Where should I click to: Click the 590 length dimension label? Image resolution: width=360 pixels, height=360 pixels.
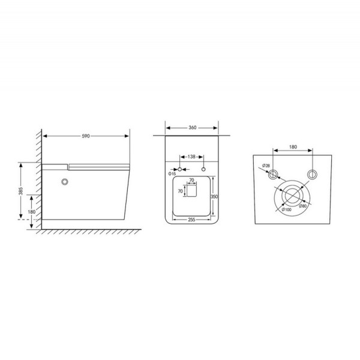(86, 137)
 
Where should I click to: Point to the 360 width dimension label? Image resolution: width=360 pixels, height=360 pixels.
(191, 128)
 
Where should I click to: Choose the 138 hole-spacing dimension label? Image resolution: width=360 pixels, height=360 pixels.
(191, 157)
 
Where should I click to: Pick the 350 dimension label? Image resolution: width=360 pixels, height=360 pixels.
(214, 196)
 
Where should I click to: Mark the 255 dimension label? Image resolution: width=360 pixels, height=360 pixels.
(191, 220)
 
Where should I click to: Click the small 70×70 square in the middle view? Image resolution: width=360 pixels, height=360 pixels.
(191, 191)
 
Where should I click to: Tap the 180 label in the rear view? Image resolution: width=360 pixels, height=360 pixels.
(293, 145)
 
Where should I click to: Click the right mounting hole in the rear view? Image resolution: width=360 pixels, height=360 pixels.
(311, 174)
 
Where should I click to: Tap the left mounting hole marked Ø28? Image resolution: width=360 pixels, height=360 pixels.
(274, 174)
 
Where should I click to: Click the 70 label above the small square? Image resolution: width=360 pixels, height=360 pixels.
(191, 179)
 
